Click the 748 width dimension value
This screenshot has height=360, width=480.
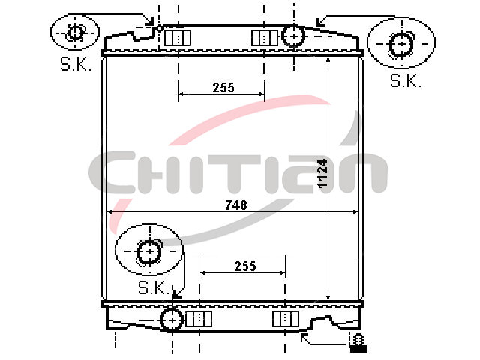tap(236, 205)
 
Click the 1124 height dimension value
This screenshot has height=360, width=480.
tap(322, 173)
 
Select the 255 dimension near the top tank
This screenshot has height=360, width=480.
tap(223, 88)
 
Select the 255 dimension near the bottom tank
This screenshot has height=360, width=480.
tap(245, 266)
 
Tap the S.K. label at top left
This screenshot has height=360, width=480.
tap(76, 64)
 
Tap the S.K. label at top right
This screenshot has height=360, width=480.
tap(406, 80)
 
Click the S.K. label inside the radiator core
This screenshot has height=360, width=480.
tap(154, 286)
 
